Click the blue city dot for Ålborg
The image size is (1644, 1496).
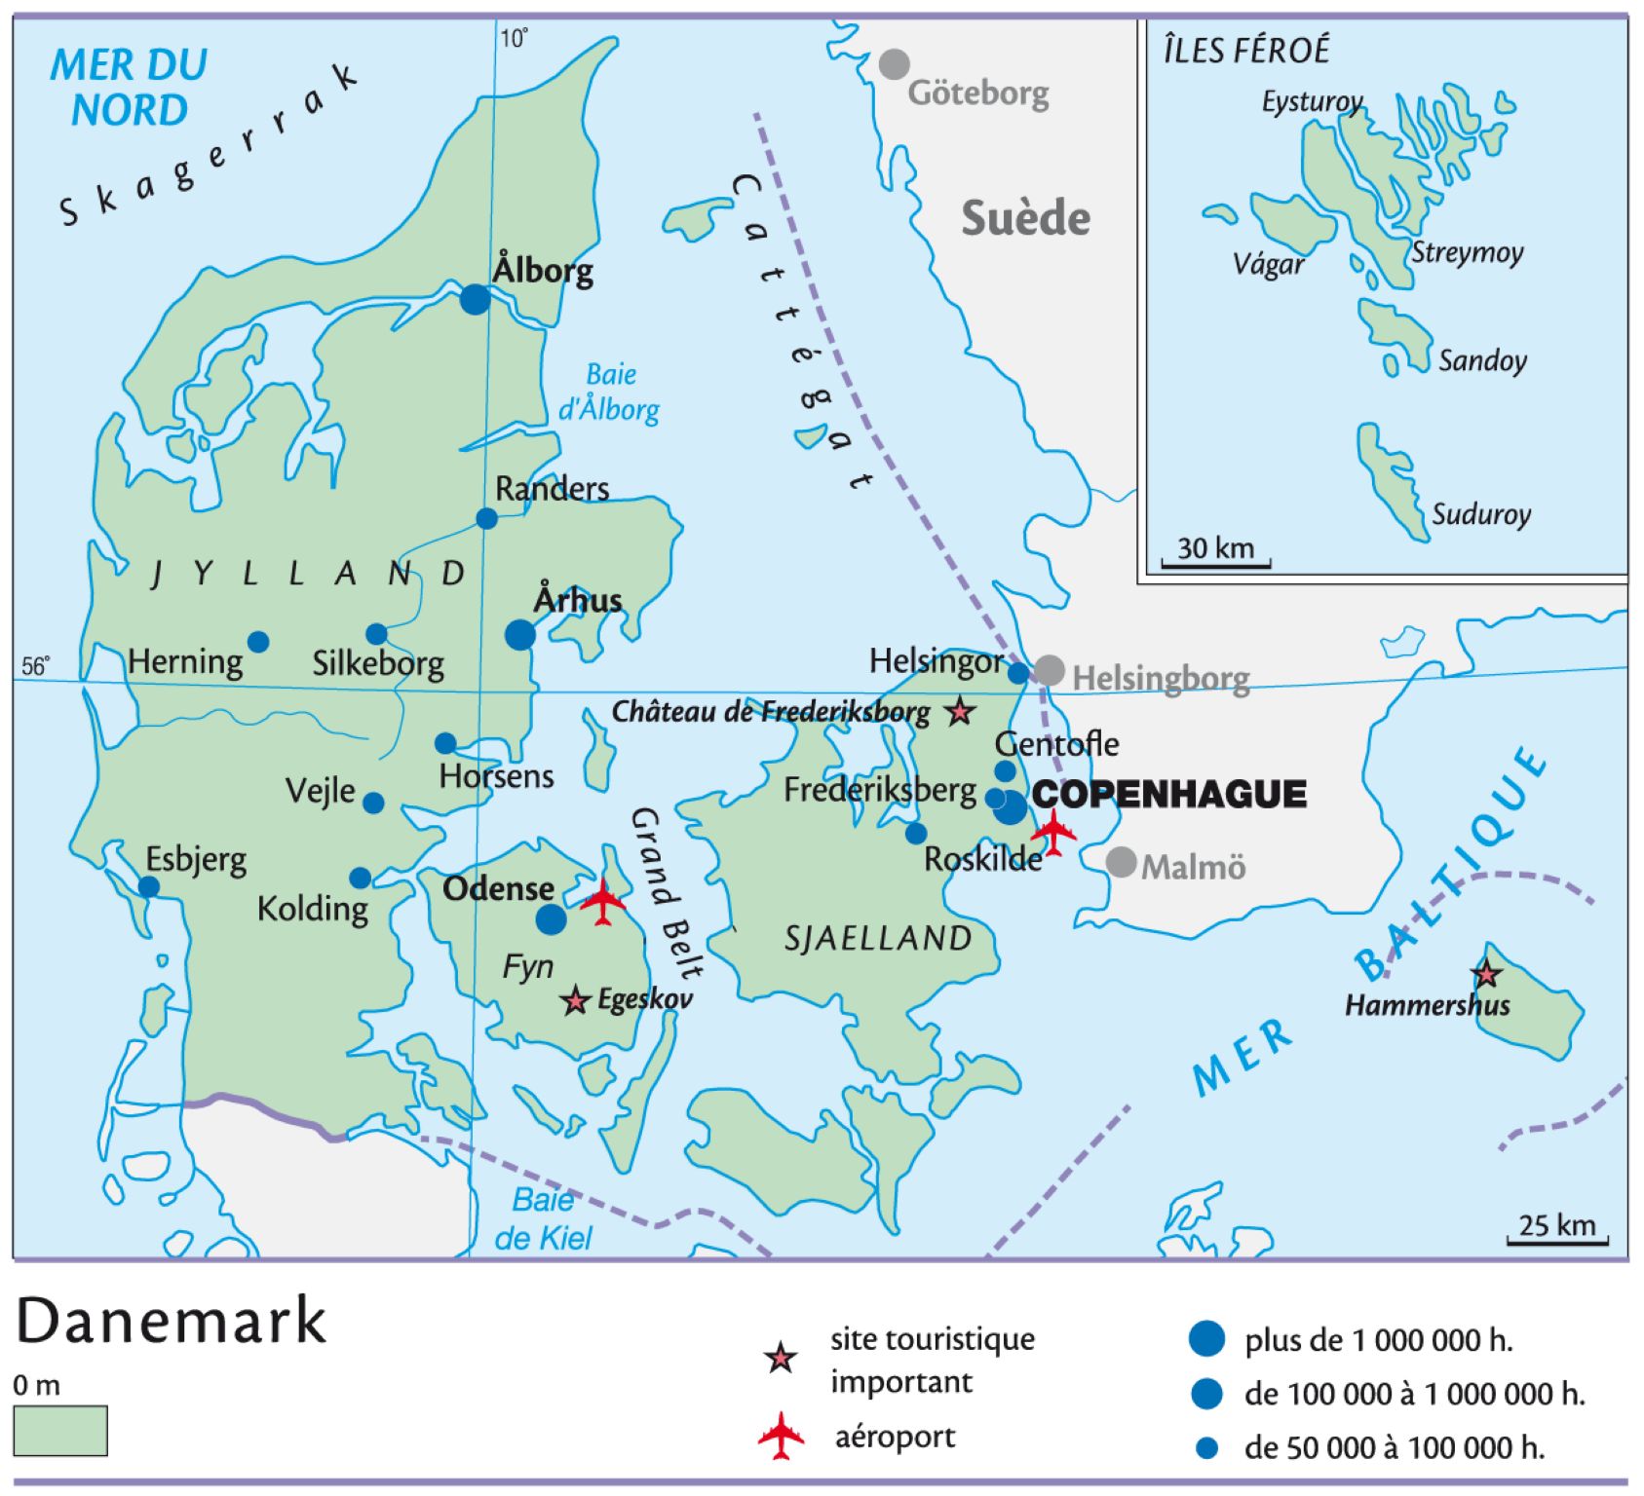[475, 299]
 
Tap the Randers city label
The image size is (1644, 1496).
[552, 489]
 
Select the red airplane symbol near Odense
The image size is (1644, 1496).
[603, 901]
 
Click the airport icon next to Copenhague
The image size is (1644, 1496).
[1053, 831]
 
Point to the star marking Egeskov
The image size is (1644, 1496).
[576, 1000]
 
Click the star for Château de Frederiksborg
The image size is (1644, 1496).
[960, 712]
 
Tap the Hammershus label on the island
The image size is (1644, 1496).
[1427, 1005]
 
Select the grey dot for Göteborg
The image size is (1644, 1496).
[894, 64]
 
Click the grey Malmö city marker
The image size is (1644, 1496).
[1121, 862]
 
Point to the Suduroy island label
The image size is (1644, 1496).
[1480, 514]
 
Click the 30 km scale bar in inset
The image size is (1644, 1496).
[1215, 563]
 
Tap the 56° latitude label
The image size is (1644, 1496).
[35, 666]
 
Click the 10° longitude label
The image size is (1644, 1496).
[514, 39]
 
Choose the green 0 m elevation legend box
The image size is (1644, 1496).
[60, 1430]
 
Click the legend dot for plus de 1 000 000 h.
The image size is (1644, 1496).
[1206, 1339]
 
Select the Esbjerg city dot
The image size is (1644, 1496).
[148, 886]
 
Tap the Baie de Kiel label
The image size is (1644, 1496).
[543, 1218]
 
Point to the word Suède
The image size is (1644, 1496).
[1025, 218]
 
